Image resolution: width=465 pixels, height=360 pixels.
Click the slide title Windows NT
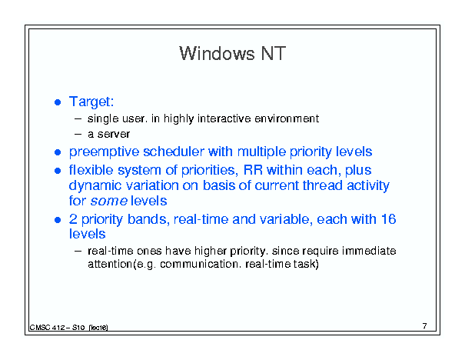pyautogui.click(x=232, y=53)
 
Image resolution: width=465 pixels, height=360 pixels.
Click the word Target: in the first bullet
pyautogui.click(x=91, y=102)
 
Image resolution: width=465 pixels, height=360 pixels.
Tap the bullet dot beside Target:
pyautogui.click(x=58, y=102)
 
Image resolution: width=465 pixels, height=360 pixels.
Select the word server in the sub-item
pyautogui.click(x=114, y=134)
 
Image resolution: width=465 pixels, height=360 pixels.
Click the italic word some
pyautogui.click(x=109, y=202)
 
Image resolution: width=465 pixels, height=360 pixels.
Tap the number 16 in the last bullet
pyautogui.click(x=388, y=219)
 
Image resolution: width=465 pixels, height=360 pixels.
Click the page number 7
pyautogui.click(x=425, y=326)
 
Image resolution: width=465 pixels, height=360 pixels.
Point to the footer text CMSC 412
pyautogui.click(x=47, y=328)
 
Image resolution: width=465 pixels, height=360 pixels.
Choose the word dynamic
pyautogui.click(x=95, y=186)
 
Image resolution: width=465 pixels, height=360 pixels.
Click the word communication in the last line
pyautogui.click(x=199, y=264)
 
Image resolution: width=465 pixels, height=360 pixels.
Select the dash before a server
pyautogui.click(x=78, y=134)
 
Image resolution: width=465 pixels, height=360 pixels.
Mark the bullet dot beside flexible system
pyautogui.click(x=58, y=171)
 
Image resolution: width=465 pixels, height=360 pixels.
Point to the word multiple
pyautogui.click(x=262, y=152)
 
